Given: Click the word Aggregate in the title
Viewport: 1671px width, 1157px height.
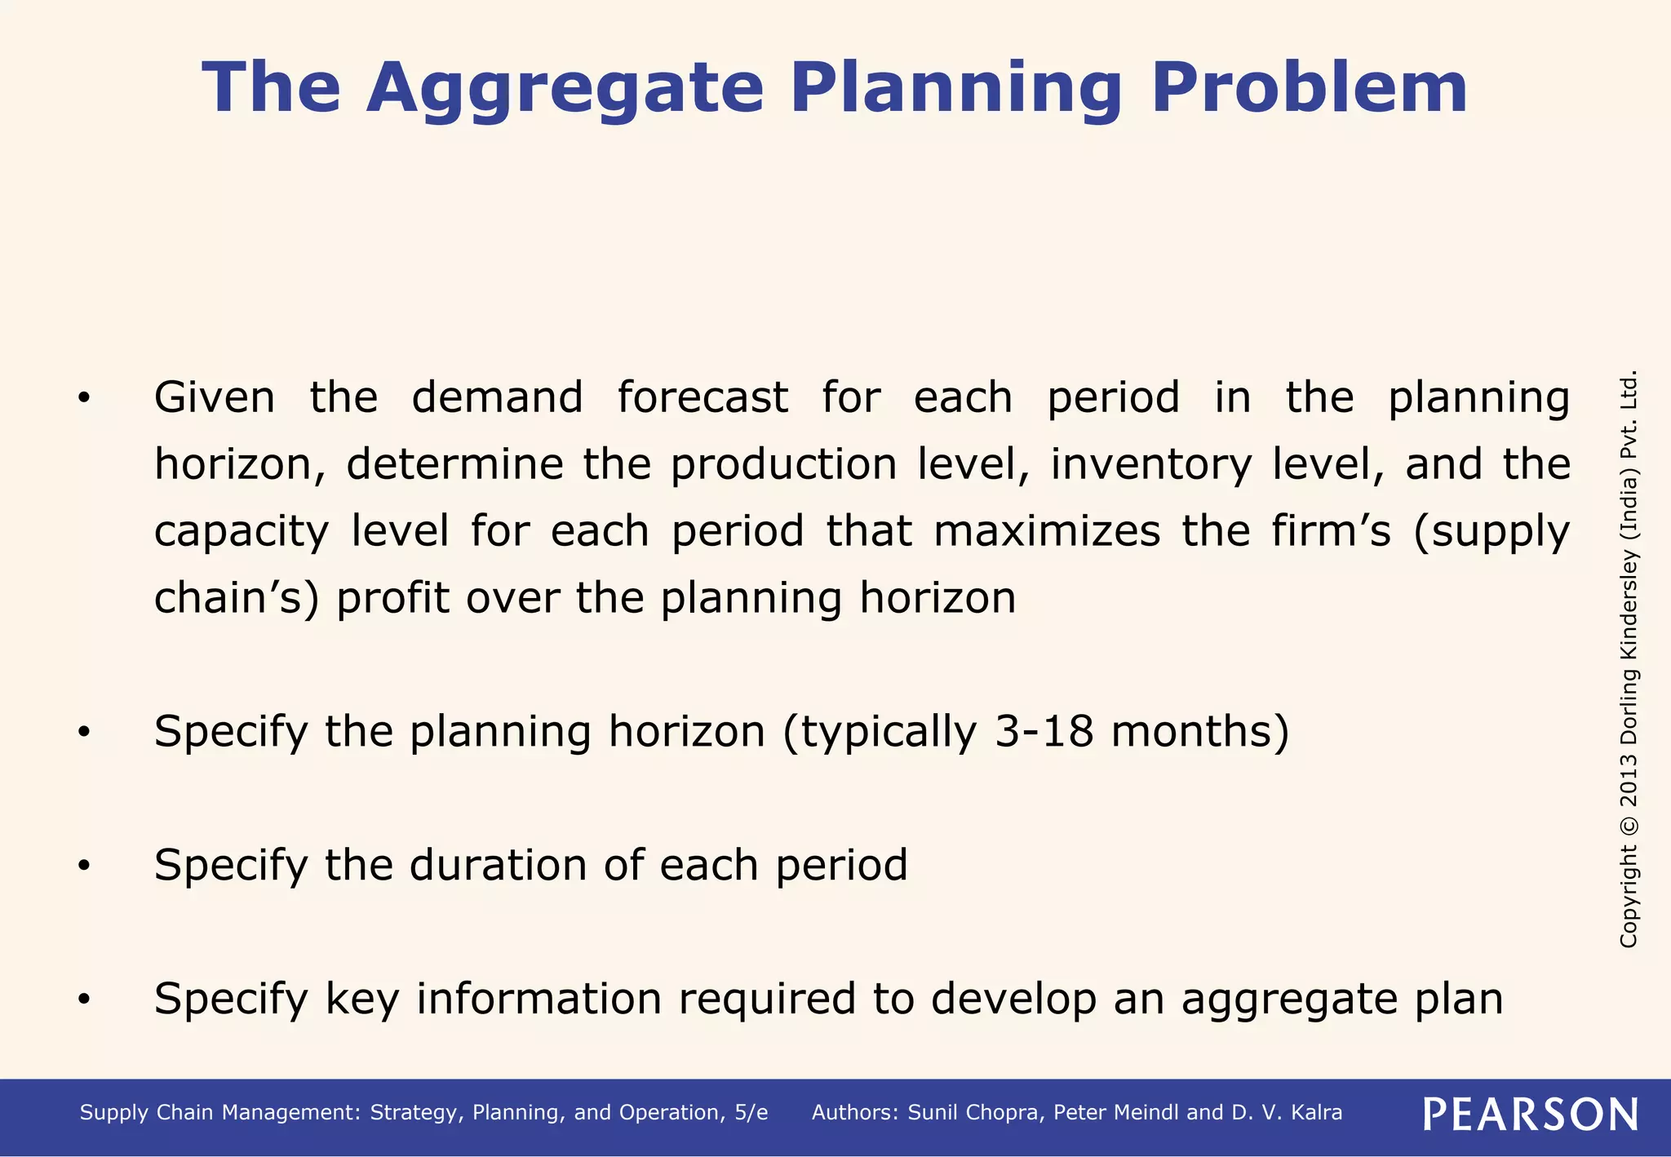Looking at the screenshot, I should click(x=565, y=88).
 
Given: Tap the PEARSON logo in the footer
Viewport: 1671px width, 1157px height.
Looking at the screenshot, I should click(x=1530, y=1114).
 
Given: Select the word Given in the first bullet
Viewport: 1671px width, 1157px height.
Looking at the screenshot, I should click(x=215, y=398).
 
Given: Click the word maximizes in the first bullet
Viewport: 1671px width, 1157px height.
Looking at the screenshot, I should click(x=1047, y=532).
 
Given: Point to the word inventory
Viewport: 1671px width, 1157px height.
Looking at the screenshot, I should click(x=1150, y=465).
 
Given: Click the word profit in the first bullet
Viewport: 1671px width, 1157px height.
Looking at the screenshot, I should click(x=392, y=598).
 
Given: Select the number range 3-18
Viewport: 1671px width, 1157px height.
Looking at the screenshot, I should click(x=1044, y=731).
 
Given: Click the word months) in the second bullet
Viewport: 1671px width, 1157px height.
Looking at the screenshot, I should click(x=1200, y=731).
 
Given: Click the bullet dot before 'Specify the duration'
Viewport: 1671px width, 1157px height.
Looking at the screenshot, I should click(x=84, y=867).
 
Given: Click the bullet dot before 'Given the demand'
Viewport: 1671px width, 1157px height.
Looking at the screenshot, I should click(x=84, y=399).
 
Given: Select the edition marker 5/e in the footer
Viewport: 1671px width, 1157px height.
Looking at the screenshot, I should click(x=751, y=1113).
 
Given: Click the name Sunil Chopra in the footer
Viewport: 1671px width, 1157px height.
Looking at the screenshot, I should click(x=975, y=1113).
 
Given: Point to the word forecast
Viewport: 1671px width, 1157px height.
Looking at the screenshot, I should click(x=703, y=398).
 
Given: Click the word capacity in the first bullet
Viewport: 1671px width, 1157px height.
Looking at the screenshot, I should click(x=241, y=532).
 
